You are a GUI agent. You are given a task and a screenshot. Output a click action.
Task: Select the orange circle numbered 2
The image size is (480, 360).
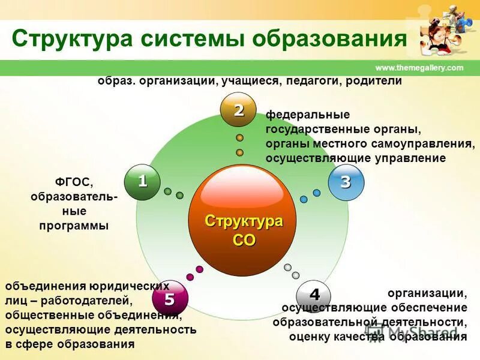[x=239, y=110]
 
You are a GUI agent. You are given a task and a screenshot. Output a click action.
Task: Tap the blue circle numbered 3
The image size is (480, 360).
[x=346, y=182]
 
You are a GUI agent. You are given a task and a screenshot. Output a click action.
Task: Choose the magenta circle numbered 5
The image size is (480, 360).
[x=170, y=298]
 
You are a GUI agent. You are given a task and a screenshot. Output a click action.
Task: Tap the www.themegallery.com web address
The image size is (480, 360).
[x=419, y=68]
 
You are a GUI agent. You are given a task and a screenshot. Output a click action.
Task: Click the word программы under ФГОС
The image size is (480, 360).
[x=74, y=226]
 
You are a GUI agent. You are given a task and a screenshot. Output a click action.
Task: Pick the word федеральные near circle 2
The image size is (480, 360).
[x=308, y=114]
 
